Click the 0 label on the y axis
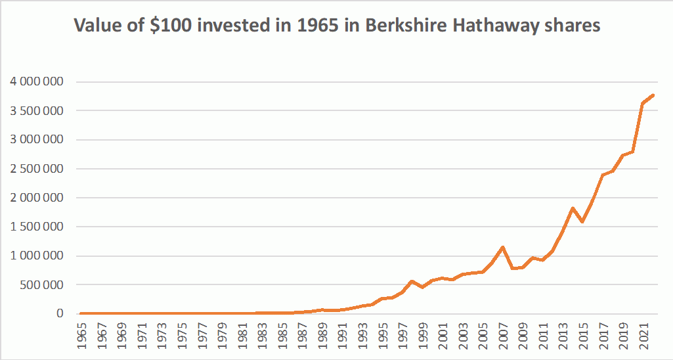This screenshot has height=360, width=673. click(60, 314)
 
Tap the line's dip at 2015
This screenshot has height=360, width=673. click(583, 222)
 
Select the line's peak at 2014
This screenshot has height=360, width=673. click(573, 208)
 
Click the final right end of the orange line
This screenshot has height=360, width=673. click(654, 95)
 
